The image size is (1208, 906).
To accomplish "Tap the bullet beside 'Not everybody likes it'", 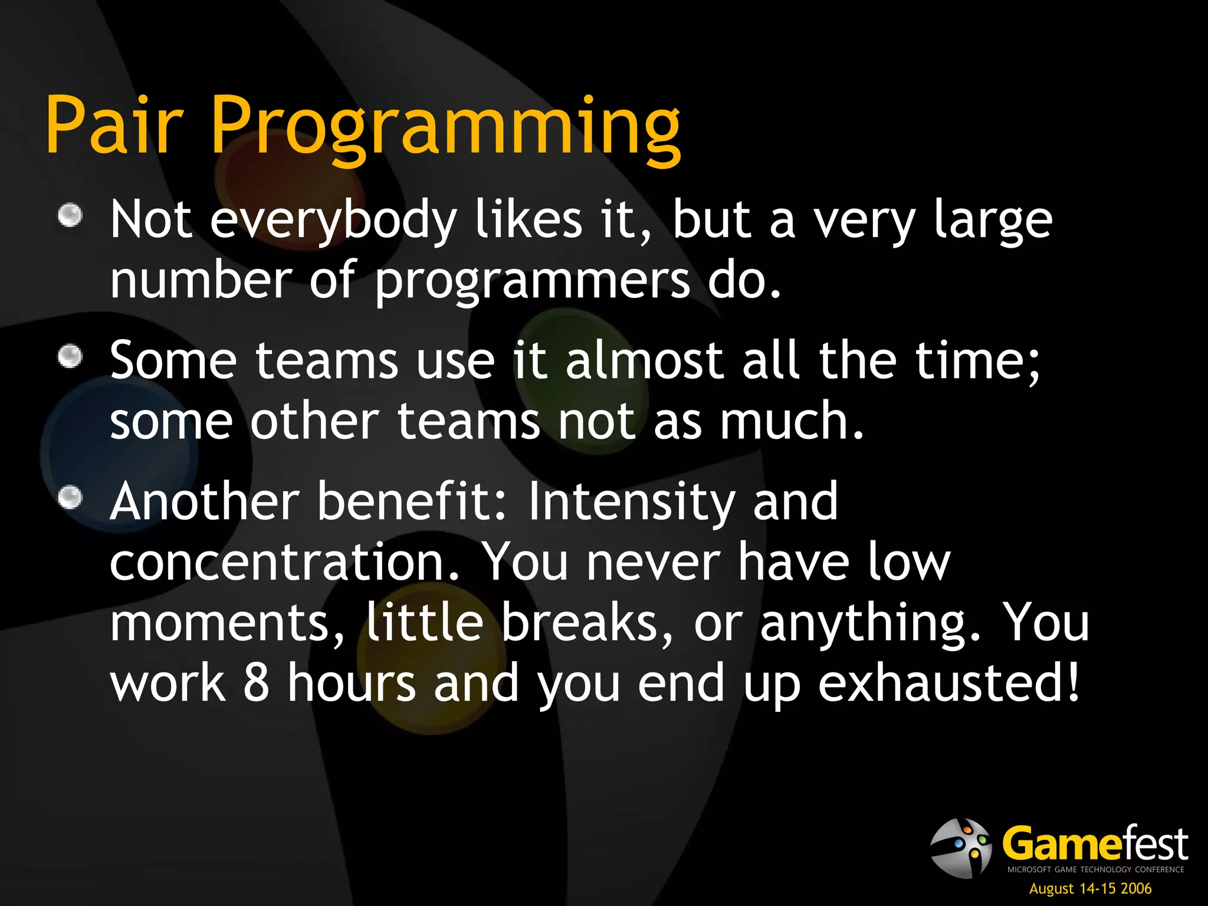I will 70,215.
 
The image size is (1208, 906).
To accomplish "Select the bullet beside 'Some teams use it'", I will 70,356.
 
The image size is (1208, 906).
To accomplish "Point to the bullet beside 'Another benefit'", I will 70,497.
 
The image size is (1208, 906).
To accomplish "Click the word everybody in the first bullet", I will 333,221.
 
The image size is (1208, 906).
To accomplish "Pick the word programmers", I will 532,281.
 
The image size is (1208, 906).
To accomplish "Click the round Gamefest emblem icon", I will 960,848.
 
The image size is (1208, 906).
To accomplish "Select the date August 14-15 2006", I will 1090,888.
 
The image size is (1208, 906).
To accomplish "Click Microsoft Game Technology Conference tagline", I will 1095,869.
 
